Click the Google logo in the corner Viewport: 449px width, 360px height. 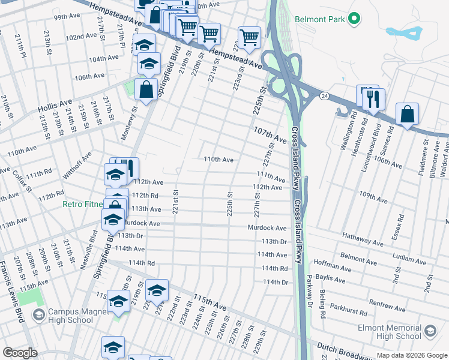20,353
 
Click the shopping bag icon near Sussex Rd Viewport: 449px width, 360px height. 407,115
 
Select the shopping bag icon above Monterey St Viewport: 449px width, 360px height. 146,90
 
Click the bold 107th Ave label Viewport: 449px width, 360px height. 270,134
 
